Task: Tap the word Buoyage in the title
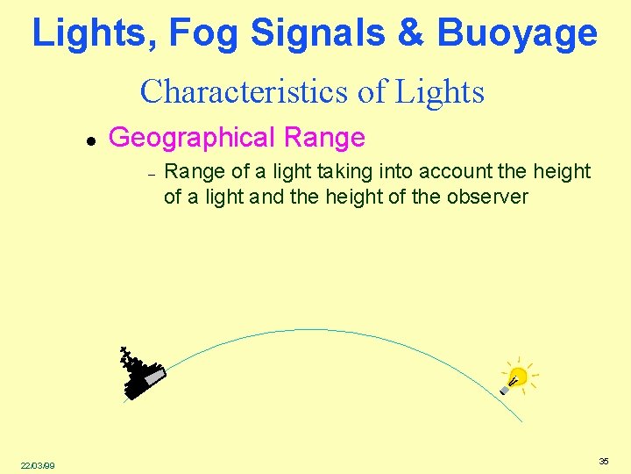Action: pos(516,33)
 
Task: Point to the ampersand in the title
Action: pos(410,33)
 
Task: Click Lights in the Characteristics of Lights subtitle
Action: pos(439,90)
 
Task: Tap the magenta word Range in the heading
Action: pos(323,138)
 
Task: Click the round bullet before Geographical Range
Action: pos(89,140)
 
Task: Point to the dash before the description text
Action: pos(152,174)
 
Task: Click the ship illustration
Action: pos(140,373)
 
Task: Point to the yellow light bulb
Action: pos(516,377)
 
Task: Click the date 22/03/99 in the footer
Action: pos(37,465)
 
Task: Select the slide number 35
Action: pos(604,461)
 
